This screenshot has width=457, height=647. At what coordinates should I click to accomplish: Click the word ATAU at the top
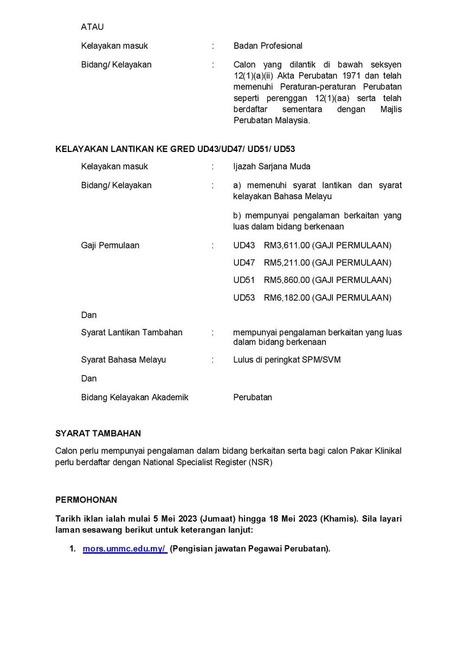[x=92, y=27]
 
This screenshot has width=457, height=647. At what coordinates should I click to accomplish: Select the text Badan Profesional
[x=268, y=46]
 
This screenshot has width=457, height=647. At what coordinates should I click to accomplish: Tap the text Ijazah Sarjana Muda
[x=272, y=166]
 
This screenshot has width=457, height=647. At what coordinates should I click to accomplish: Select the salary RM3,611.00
[x=287, y=245]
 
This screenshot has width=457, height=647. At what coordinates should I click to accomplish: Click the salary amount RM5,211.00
[x=287, y=263]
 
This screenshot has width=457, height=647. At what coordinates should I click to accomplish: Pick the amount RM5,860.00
[x=287, y=280]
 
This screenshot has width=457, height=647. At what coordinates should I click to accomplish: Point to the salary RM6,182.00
[x=287, y=297]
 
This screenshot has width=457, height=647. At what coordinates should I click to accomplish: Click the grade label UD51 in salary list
[x=244, y=280]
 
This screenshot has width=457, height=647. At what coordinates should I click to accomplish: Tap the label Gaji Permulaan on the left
[x=110, y=245]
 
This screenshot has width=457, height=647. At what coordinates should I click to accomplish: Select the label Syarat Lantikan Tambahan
[x=132, y=332]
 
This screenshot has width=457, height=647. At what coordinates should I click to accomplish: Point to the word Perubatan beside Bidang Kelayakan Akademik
[x=253, y=397]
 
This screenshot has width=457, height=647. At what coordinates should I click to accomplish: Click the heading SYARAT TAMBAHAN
[x=98, y=433]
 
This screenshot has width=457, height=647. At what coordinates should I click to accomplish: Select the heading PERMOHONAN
[x=86, y=500]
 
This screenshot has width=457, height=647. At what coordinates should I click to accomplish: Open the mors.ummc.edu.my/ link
[x=125, y=549]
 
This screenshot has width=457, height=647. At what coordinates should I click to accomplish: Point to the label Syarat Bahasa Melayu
[x=124, y=359]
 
